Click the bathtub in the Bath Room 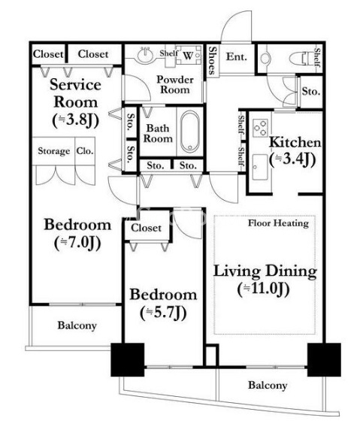click(x=190, y=131)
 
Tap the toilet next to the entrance click(x=301, y=59)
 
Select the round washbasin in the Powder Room click(x=145, y=56)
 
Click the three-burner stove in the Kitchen click(x=260, y=127)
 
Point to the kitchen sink click(x=259, y=167)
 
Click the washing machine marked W click(x=189, y=55)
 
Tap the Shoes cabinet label click(x=212, y=61)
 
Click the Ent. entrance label click(x=236, y=57)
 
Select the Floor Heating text click(x=278, y=223)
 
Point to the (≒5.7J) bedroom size click(x=163, y=313)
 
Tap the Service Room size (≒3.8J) click(x=75, y=120)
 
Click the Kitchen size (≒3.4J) click(x=292, y=159)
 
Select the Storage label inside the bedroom click(x=54, y=151)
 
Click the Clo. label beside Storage click(x=85, y=150)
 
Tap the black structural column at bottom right click(x=324, y=359)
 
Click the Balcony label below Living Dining click(x=268, y=386)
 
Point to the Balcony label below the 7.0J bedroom click(x=77, y=326)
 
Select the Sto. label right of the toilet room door click(x=311, y=91)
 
